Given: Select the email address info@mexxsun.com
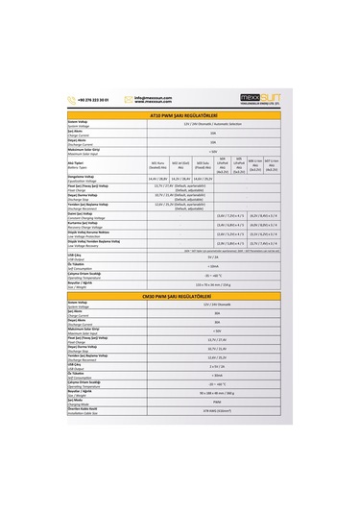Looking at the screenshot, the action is (152, 97).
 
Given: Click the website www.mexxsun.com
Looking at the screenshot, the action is (152, 102).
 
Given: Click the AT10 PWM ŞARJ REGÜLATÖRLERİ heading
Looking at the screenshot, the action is (180, 116).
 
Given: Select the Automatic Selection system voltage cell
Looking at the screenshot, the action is (212, 125).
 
